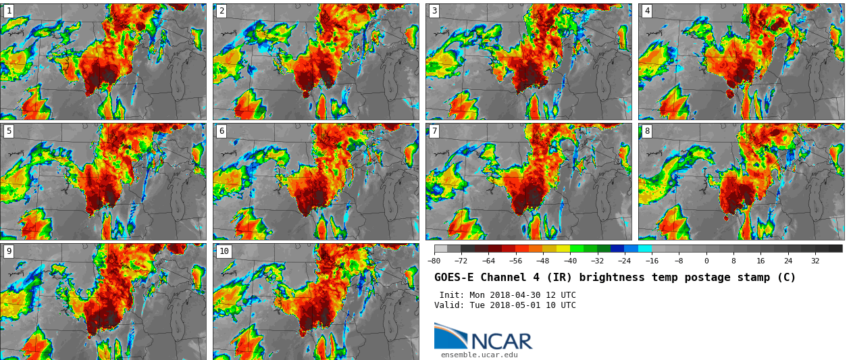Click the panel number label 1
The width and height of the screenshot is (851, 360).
point(9,11)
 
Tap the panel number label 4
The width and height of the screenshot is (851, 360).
point(647,11)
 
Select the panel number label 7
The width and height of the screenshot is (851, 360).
point(434,131)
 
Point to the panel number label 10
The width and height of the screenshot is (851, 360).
point(224,251)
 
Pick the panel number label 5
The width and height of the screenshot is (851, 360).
point(9,131)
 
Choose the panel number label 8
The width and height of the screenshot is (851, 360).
point(647,131)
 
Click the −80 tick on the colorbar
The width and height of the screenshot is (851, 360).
point(434,261)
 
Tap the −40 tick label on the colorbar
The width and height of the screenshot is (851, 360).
point(570,261)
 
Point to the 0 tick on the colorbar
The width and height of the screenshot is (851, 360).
point(706,261)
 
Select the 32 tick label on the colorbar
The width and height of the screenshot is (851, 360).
point(815,261)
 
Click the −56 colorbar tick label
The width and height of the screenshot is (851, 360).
point(515,261)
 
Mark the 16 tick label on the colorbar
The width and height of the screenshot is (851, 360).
point(760,261)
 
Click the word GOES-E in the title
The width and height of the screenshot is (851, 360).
point(453,278)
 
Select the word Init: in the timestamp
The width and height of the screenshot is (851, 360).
point(452,295)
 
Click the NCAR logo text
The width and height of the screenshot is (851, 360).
point(501,341)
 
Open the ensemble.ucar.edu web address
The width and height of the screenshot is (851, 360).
point(479,355)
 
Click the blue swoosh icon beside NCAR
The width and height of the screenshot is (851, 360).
point(450,336)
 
